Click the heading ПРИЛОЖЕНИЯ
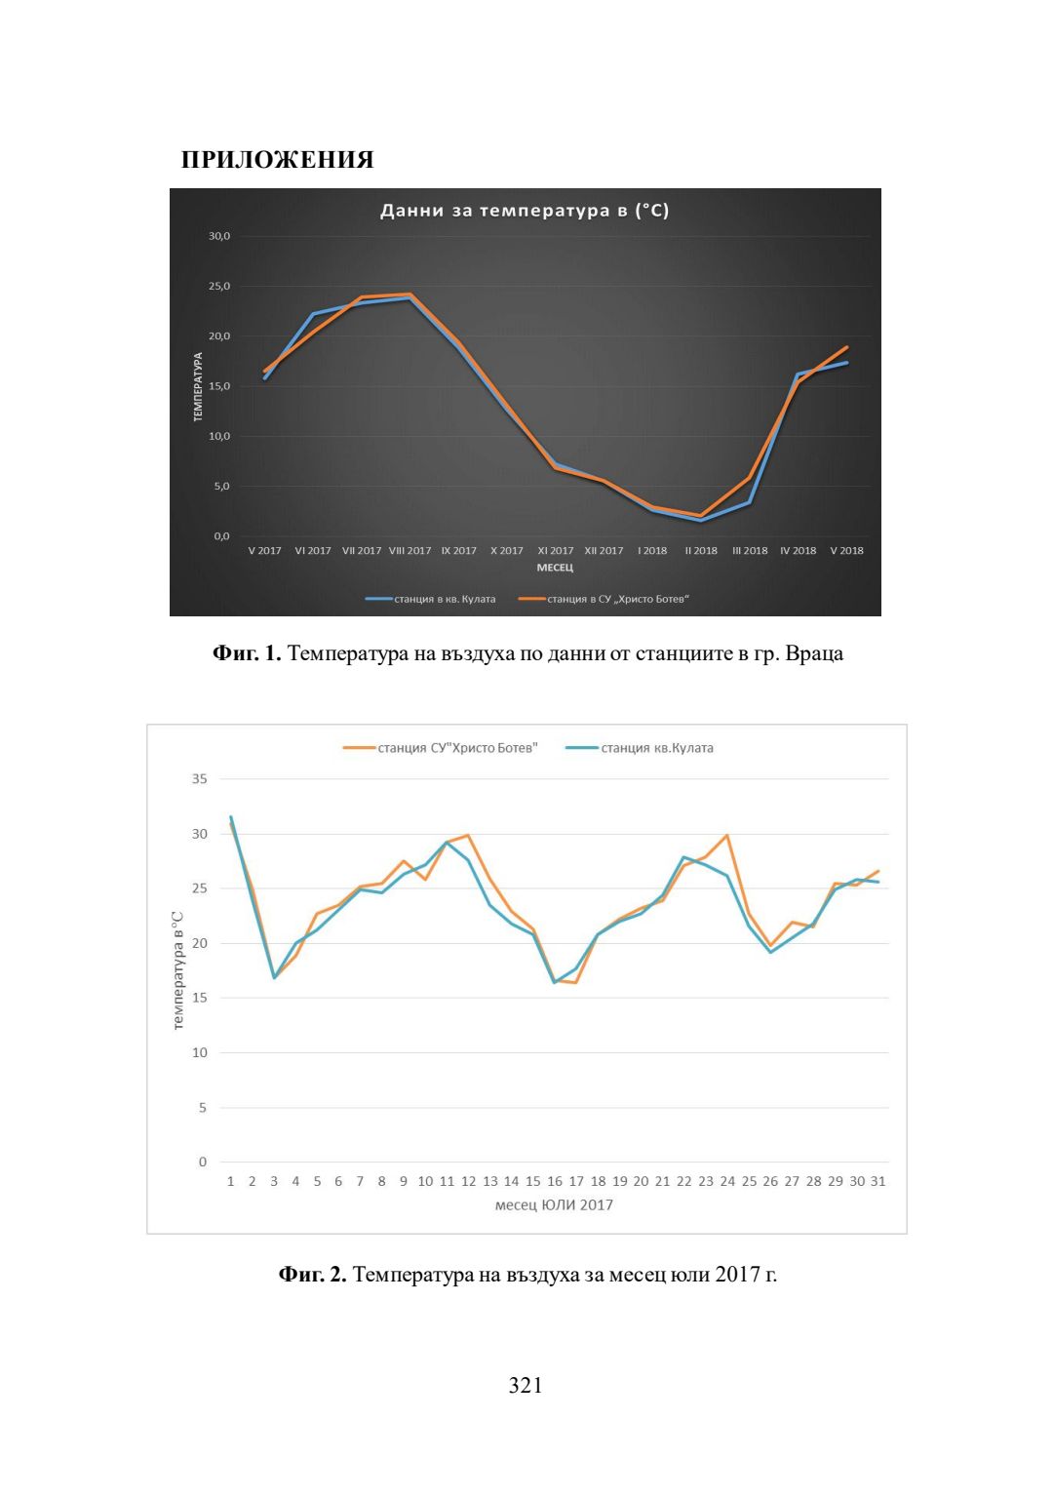coord(278,160)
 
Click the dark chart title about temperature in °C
coord(525,211)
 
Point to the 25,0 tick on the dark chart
coord(218,287)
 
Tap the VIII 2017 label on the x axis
coord(409,551)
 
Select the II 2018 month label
coord(701,551)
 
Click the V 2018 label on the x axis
coord(846,551)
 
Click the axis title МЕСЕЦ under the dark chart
coord(555,568)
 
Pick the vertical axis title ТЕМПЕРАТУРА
coord(198,387)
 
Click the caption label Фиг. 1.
coord(247,653)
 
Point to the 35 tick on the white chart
coord(200,779)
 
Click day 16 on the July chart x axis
coord(555,1181)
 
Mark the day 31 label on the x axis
coord(878,1181)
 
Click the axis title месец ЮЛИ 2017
coord(554,1204)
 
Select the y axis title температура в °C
coord(177,970)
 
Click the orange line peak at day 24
coord(727,836)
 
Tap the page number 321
coord(526,1386)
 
